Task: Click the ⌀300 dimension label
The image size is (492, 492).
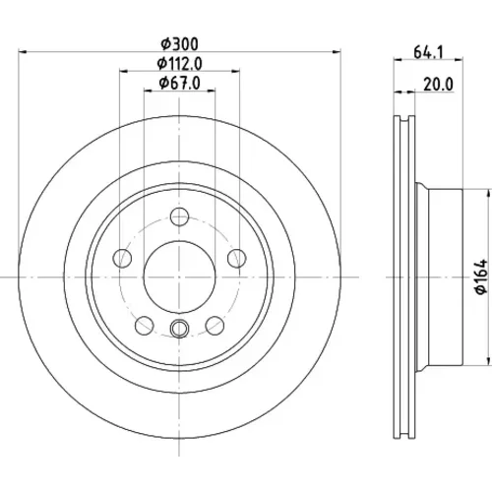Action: [180, 44]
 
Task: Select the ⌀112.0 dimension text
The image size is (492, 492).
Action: [180, 64]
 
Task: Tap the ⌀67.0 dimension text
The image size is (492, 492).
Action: [180, 83]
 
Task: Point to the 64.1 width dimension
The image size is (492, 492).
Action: [428, 52]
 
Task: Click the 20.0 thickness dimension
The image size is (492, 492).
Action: [438, 85]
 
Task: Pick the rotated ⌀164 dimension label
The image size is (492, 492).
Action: [482, 277]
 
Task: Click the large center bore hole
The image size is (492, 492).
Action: [179, 277]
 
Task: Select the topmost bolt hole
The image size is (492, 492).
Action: [179, 216]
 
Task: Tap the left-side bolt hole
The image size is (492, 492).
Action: [122, 258]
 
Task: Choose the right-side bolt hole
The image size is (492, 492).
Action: [237, 258]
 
